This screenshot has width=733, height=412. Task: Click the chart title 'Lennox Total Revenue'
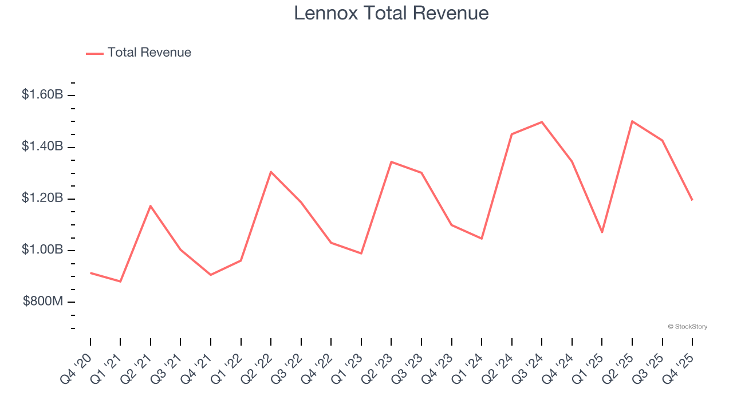point(391,13)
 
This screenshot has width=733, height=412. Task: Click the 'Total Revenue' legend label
point(149,53)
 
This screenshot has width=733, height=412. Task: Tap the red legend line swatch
point(94,53)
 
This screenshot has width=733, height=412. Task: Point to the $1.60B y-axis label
point(42,94)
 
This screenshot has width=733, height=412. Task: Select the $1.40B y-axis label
point(42,146)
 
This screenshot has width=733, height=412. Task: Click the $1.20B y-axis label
point(42,199)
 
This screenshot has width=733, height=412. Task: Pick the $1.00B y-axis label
point(42,250)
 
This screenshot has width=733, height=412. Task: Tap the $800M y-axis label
point(43,302)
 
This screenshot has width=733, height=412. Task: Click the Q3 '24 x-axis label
point(529,368)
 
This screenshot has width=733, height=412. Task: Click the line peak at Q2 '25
point(632,121)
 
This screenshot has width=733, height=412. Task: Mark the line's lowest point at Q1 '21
point(120,282)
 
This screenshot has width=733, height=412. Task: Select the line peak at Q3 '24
point(542,122)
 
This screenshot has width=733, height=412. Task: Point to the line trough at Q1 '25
point(602,232)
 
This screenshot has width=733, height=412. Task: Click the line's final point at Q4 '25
point(692,200)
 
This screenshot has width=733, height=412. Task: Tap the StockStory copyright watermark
point(687,327)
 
